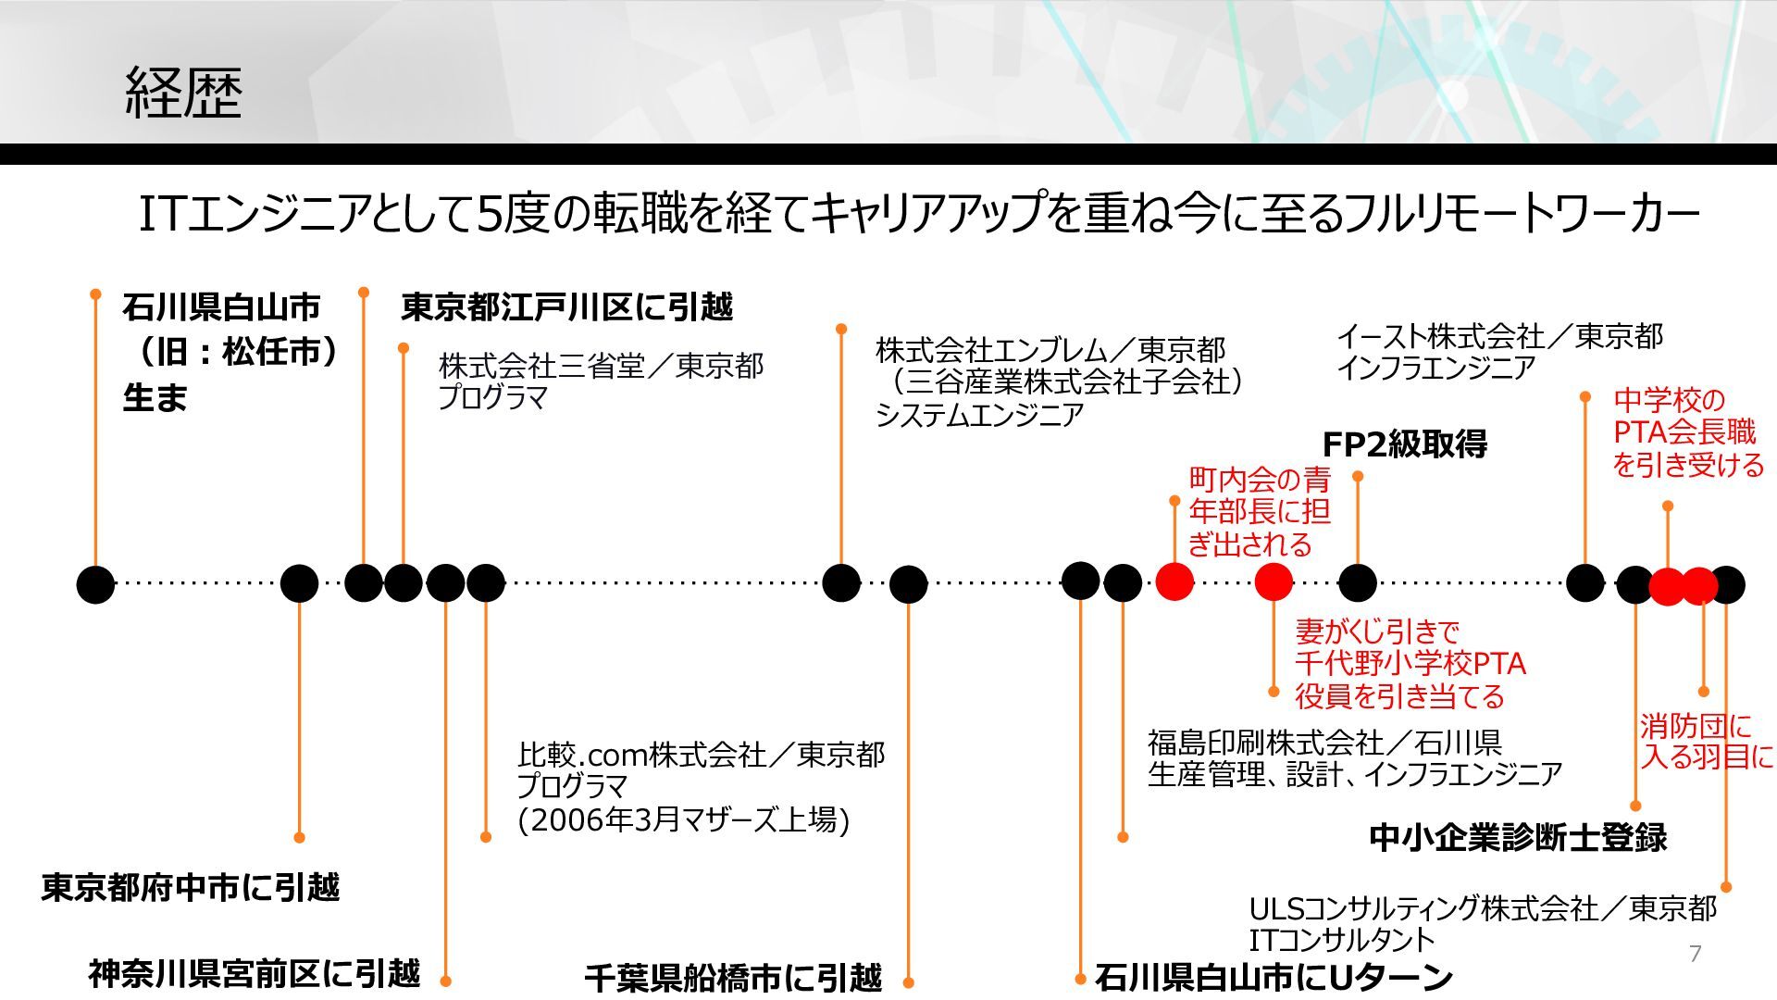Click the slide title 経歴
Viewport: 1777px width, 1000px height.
click(183, 94)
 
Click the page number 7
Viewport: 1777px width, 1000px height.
click(1695, 954)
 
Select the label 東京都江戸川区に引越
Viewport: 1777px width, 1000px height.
click(566, 306)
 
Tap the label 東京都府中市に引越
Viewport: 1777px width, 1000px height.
click(191, 887)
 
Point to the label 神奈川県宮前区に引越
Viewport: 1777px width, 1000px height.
click(255, 973)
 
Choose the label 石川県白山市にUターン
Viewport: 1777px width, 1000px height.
click(1274, 977)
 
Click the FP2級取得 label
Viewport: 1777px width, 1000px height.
click(1404, 444)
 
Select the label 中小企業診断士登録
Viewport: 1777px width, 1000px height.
click(1518, 837)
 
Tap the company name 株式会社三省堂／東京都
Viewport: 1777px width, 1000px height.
click(601, 366)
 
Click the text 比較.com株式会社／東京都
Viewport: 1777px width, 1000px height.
click(701, 755)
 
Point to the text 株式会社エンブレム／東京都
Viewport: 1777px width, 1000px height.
click(1050, 350)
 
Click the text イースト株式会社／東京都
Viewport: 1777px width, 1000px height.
click(1499, 336)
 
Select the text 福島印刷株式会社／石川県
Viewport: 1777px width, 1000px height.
click(1324, 743)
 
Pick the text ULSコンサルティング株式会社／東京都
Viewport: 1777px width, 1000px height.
click(1483, 908)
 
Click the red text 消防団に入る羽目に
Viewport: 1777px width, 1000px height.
click(1706, 741)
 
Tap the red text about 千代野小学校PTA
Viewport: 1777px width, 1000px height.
click(1410, 664)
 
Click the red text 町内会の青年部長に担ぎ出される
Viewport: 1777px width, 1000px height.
click(1259, 511)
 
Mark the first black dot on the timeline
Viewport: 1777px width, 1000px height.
click(95, 584)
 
